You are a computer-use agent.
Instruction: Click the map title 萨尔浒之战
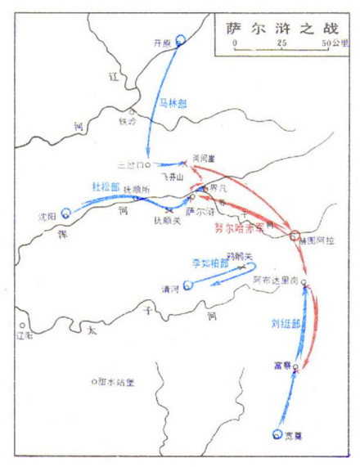tap(277, 27)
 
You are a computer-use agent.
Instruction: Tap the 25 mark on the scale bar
tap(281, 41)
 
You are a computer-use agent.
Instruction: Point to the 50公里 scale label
tap(333, 41)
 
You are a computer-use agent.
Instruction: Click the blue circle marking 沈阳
tap(67, 214)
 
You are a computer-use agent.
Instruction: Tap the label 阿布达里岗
tap(277, 279)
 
